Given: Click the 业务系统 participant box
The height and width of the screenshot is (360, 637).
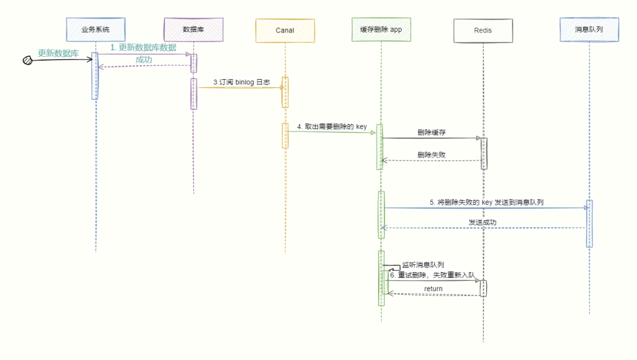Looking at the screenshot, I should pos(96,29).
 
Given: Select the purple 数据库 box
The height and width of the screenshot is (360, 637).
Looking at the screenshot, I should pos(193,29).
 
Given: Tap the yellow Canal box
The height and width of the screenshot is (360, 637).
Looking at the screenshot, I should pos(285,30).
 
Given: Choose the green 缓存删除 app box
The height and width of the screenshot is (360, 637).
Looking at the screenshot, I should pos(381,29).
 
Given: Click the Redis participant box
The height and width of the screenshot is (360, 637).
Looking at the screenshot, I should pos(482,30).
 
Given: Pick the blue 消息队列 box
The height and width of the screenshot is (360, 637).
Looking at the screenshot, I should pos(589,29).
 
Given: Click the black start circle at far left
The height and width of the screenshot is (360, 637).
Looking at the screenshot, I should pos(27,60).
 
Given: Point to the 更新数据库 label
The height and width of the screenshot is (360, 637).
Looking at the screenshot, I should pos(58,53).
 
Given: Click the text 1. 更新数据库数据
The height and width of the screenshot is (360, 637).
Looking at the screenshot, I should pos(143,47).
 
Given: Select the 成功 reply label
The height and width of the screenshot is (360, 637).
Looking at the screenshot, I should pos(144,60).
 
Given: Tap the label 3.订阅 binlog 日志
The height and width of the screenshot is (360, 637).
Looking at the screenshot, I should pos(242,82).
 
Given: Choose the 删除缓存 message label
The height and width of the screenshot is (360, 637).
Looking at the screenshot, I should pos(431,132).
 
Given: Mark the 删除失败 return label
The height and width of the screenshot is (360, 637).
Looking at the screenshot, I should pos(431,154).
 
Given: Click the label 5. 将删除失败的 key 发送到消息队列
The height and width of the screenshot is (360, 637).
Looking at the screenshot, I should pos(486,202).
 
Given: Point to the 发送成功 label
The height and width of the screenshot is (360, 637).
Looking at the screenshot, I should pos(482,222).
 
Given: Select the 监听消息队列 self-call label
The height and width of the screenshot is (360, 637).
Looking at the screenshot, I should pos(423,265).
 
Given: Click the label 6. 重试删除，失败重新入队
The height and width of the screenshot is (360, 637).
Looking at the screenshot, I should pos(432,275).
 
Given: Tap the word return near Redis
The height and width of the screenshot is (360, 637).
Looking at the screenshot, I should pos(434,289).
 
